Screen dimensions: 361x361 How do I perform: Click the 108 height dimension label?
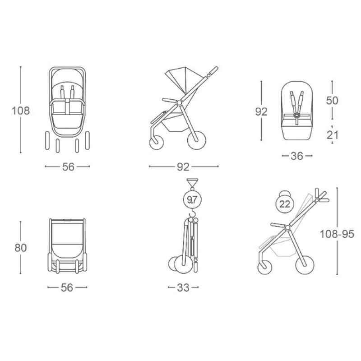(x=21, y=111)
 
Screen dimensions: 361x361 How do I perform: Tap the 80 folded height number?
(x=21, y=248)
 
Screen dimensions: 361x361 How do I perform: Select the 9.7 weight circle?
(x=192, y=200)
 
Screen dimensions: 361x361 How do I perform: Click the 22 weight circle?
(x=285, y=204)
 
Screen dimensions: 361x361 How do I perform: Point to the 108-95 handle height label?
(x=337, y=234)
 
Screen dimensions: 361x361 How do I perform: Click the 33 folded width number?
(x=183, y=287)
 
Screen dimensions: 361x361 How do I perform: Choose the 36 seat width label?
(x=297, y=156)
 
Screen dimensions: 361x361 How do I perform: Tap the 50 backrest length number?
(x=332, y=100)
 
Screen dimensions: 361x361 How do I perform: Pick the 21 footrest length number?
(x=333, y=135)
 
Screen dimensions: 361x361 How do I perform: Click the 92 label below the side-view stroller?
(x=183, y=167)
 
